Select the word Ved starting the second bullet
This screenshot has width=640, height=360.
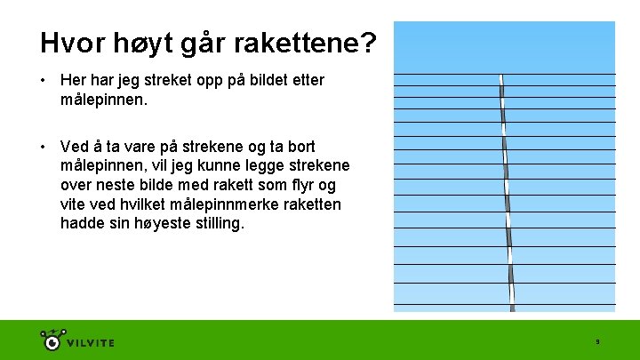pyautogui.click(x=74, y=146)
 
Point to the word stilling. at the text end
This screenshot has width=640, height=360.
pyautogui.click(x=214, y=224)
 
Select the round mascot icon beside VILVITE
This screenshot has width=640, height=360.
pyautogui.click(x=52, y=340)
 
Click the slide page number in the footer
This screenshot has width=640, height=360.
pyautogui.click(x=597, y=342)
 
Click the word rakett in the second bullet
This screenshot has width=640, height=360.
pyautogui.click(x=217, y=185)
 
